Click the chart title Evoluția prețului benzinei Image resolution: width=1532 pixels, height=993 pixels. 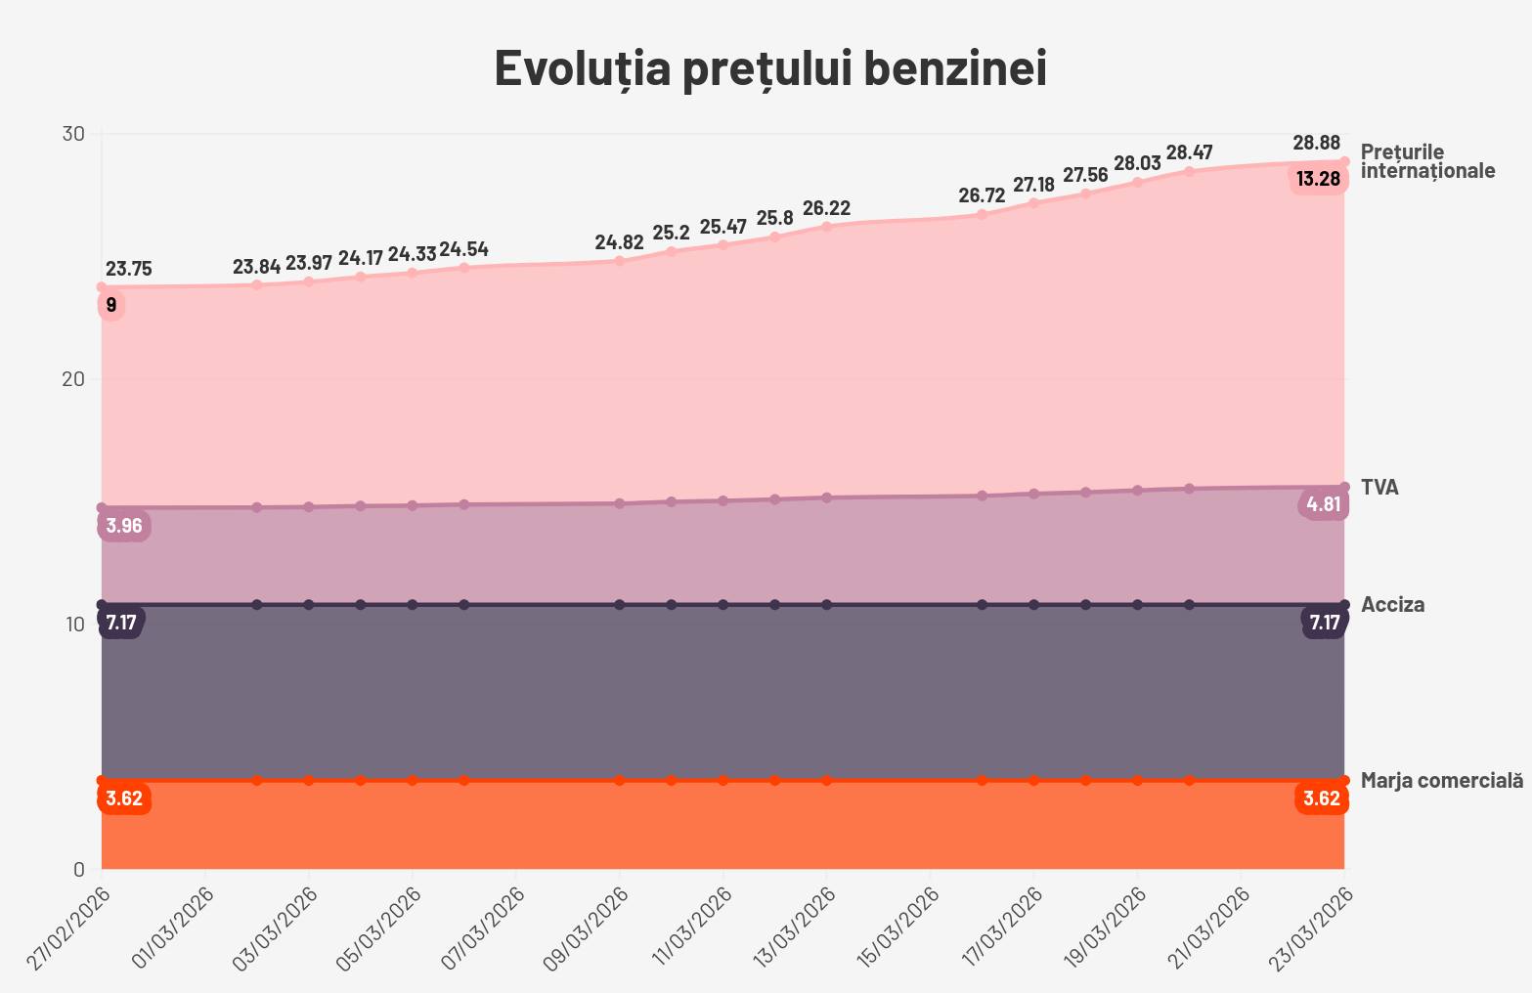point(770,68)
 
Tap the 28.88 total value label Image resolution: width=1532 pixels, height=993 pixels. point(1316,143)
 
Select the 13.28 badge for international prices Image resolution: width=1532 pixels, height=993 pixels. point(1318,179)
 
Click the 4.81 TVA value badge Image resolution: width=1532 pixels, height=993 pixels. point(1324,505)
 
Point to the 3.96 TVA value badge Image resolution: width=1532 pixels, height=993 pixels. point(124,526)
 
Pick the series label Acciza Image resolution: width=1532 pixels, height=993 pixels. point(1392,605)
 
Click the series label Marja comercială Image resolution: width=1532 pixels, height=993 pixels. point(1441,781)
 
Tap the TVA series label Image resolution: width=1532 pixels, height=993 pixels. point(1379,488)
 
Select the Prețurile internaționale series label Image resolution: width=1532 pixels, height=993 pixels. point(1427,161)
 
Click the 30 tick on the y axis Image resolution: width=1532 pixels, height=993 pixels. point(73,134)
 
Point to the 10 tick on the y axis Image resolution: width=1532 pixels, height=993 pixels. point(73,624)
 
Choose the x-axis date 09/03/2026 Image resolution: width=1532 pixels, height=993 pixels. point(585,928)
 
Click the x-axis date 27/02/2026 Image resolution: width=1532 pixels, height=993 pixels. point(67,928)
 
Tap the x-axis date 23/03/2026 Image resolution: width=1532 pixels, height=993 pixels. point(1310,928)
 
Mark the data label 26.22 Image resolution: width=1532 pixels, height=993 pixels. point(826,208)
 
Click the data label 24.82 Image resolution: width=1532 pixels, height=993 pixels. point(619,242)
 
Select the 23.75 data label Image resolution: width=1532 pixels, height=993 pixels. point(128,269)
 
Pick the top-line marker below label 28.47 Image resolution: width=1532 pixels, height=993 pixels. point(1189,171)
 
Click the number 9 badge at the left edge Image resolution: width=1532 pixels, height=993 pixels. point(111,306)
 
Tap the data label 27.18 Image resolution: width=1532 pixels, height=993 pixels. point(1033,185)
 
